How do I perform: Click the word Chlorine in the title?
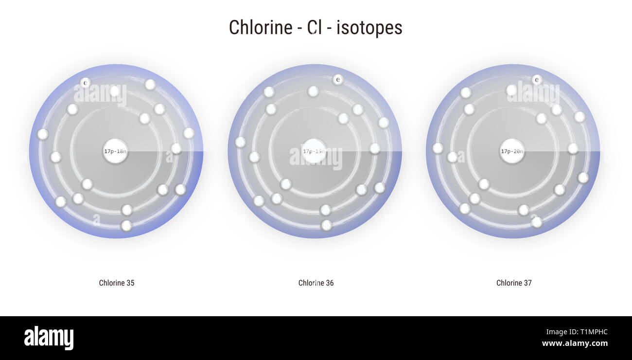260,27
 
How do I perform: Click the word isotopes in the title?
369,27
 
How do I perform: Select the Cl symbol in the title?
315,27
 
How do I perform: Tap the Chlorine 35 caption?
117,283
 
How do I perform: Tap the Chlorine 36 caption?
316,283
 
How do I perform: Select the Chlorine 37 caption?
514,283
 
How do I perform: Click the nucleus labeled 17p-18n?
115,151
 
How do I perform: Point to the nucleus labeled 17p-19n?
314,151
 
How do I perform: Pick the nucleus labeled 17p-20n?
512,151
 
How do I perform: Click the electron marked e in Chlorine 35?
85,83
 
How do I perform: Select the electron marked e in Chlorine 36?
338,79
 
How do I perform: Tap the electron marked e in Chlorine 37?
537,79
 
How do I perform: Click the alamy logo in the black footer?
49,338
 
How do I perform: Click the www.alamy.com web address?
575,343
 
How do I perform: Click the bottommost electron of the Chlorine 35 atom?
126,226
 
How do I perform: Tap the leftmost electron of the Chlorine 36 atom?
240,142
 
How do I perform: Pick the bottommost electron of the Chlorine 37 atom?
536,222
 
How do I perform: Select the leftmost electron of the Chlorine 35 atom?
43,134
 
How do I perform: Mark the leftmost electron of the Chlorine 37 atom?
438,148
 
